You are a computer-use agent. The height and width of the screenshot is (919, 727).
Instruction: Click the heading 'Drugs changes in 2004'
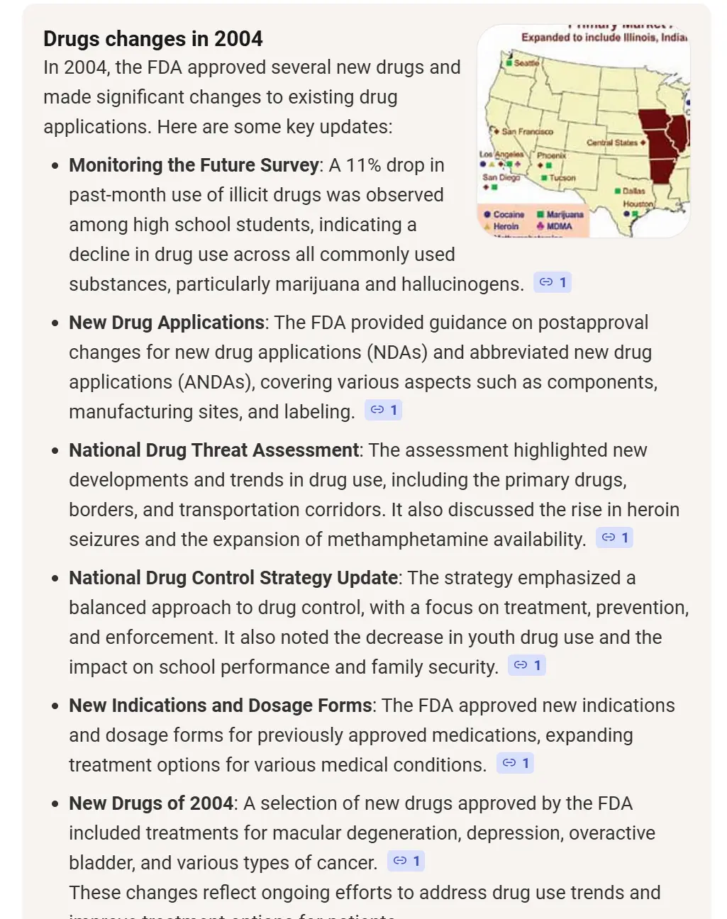point(152,38)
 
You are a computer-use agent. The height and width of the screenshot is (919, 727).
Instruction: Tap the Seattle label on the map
point(526,63)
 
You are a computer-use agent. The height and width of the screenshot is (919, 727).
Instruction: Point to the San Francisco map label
point(527,131)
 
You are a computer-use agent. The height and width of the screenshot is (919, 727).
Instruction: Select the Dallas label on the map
point(633,191)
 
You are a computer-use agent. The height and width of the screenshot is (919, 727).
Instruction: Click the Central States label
point(612,143)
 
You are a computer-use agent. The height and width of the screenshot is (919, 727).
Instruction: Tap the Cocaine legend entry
point(508,214)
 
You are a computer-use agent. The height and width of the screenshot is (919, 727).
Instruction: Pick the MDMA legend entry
point(559,226)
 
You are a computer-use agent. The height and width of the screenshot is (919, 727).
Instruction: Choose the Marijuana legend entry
point(565,214)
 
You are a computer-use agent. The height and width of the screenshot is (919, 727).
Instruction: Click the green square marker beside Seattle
point(509,63)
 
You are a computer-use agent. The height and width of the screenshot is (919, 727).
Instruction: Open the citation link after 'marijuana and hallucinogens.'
point(553,282)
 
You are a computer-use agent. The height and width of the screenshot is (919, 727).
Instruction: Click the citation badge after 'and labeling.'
point(384,410)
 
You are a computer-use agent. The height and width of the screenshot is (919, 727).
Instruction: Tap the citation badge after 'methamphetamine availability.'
point(614,538)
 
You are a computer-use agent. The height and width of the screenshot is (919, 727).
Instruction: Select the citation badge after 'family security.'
point(527,665)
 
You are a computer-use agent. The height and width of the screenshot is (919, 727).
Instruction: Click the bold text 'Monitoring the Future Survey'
point(194,165)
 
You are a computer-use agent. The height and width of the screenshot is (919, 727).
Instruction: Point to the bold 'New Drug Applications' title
point(167,323)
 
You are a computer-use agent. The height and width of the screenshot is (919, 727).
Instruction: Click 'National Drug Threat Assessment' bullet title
point(213,450)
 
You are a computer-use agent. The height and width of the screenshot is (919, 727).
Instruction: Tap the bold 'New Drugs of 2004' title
point(151,803)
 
